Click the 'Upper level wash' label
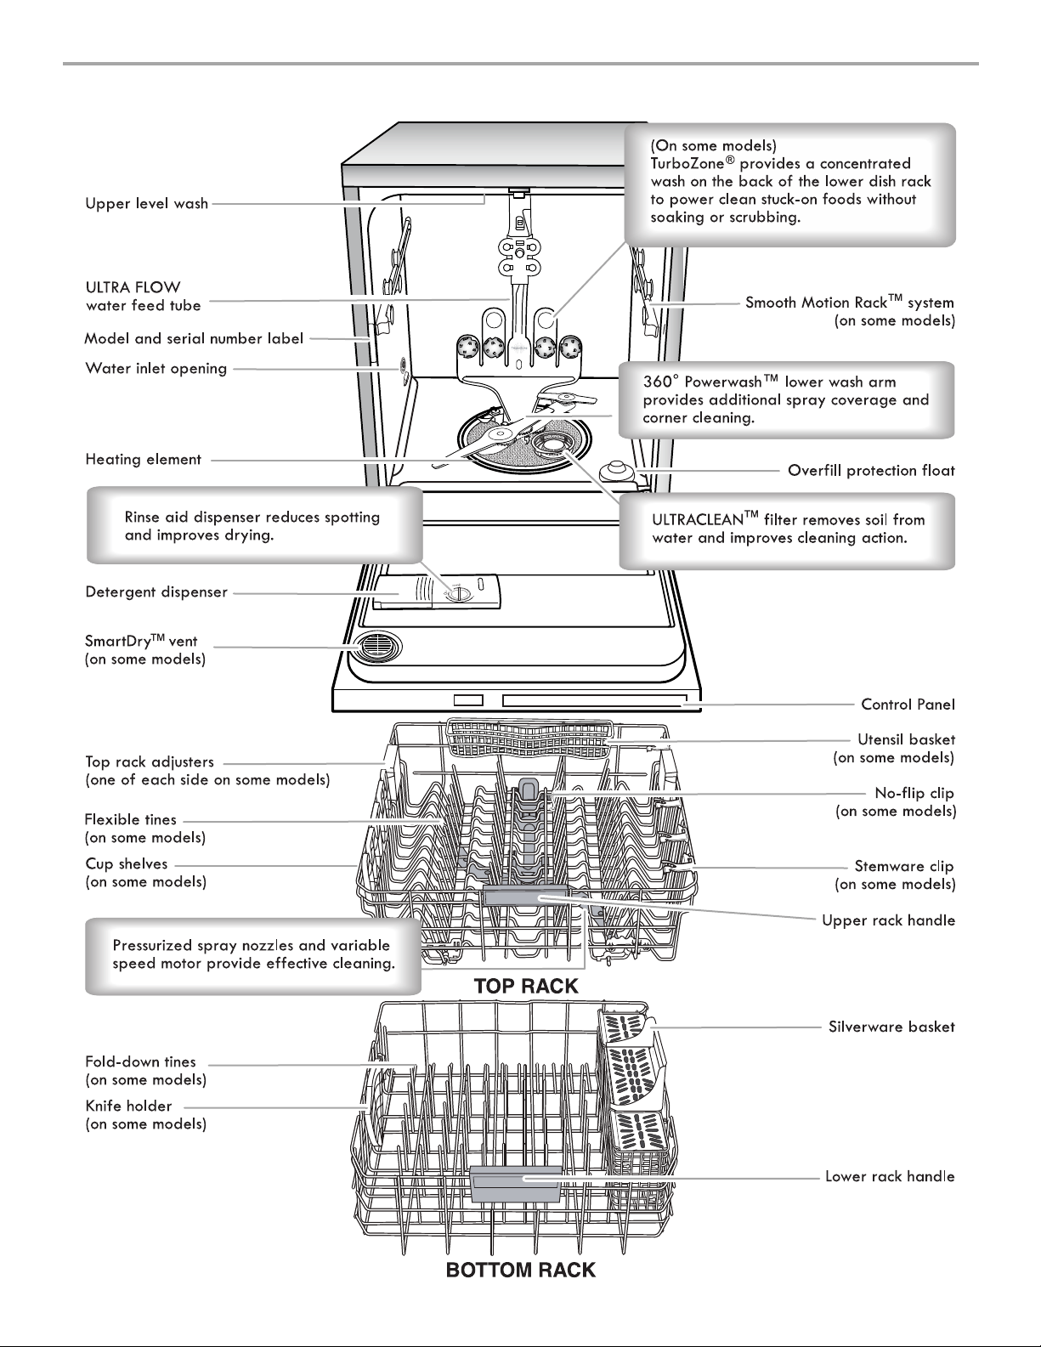coord(147,203)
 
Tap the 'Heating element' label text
coord(143,459)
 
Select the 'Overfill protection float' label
coord(871,471)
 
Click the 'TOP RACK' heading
coord(526,987)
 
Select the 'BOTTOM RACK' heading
coord(520,1271)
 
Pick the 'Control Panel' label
coord(908,705)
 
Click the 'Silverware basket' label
coord(891,1027)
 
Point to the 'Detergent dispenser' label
coord(156,592)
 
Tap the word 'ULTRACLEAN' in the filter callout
coord(697,520)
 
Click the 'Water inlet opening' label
coord(156,369)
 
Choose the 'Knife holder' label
coord(128,1106)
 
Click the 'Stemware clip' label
coord(904,866)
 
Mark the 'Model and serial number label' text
coord(194,338)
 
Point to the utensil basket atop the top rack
coord(529,737)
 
